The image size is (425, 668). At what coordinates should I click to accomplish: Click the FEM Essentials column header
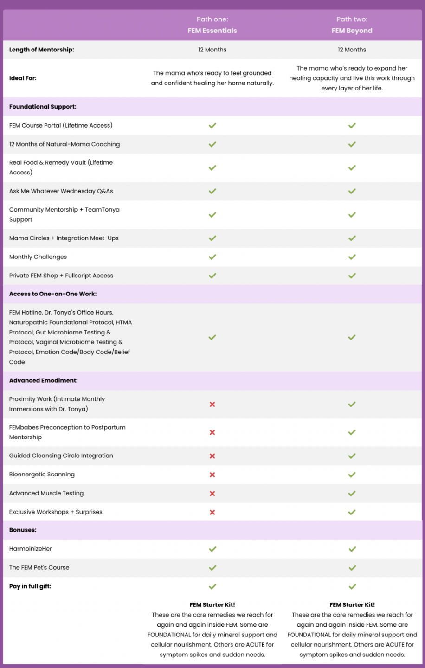(x=212, y=31)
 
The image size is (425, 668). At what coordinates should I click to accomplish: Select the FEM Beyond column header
(x=352, y=31)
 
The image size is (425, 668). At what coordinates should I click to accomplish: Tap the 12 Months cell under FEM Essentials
(x=212, y=50)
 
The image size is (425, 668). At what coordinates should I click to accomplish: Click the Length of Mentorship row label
(x=42, y=50)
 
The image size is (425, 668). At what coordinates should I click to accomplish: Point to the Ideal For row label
(x=23, y=78)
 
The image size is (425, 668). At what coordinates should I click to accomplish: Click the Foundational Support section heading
(x=43, y=107)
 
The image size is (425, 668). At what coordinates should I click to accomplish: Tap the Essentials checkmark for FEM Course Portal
(x=212, y=126)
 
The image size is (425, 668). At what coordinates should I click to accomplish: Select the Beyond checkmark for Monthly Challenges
(x=352, y=257)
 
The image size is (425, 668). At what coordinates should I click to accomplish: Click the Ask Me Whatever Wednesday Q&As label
(x=61, y=191)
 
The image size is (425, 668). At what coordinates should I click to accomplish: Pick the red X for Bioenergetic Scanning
(x=212, y=475)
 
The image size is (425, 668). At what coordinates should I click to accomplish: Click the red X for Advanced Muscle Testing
(x=212, y=494)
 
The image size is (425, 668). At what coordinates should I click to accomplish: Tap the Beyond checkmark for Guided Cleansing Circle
(x=352, y=456)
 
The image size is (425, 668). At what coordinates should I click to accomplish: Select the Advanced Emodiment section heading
(x=44, y=380)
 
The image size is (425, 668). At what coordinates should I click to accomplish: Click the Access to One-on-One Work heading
(x=53, y=294)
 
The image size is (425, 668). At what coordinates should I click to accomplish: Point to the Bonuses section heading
(x=23, y=530)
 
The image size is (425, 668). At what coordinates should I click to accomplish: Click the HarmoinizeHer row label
(x=31, y=549)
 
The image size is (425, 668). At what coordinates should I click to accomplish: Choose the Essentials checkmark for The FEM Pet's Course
(x=212, y=568)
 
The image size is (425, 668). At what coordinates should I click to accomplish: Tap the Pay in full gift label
(x=30, y=586)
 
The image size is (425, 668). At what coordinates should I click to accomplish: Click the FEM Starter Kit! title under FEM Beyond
(x=352, y=605)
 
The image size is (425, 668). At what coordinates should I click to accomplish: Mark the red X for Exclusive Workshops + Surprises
(x=212, y=512)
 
